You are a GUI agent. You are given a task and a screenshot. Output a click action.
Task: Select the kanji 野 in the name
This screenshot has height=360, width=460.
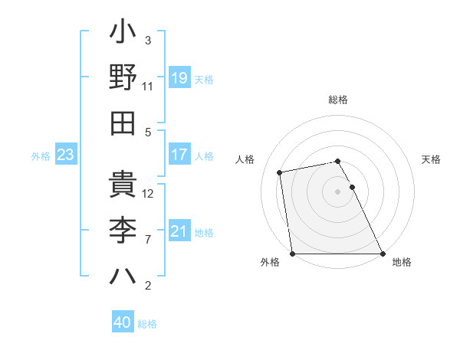coord(123,77)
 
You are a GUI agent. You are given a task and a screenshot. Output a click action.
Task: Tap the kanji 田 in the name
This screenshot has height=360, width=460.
coord(123,123)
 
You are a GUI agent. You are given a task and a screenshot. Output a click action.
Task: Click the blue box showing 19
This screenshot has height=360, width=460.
coord(179,77)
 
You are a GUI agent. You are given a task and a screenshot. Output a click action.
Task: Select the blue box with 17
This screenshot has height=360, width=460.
coord(179,154)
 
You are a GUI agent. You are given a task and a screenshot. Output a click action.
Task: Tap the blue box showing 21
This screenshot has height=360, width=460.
coord(179,231)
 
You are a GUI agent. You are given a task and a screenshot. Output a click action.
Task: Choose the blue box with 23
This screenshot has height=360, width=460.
coord(66,155)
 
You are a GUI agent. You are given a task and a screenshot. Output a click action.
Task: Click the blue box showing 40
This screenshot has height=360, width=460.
coord(123,322)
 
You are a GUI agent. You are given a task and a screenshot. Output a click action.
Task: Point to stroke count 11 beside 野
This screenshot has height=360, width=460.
coord(148,87)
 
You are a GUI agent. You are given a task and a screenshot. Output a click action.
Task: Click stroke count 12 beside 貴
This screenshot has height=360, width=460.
coord(148,194)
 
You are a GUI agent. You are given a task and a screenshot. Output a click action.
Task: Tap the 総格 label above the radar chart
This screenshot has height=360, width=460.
coord(338,100)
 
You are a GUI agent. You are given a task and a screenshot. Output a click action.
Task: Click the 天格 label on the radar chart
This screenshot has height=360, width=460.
coord(432,159)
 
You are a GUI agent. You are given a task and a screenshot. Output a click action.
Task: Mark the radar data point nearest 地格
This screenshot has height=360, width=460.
coord(383,254)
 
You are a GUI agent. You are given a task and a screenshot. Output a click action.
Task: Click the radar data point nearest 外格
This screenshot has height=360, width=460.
coord(292,254)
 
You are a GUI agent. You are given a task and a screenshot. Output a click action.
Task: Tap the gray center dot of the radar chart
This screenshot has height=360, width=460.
coord(337,191)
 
